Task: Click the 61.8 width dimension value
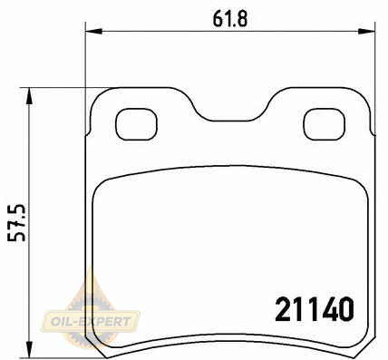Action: click(230, 19)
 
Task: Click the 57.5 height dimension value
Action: click(16, 223)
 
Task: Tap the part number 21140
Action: click(315, 309)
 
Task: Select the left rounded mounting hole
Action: click(137, 124)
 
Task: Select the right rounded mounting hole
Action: click(325, 124)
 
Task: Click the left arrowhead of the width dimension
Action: click(94, 31)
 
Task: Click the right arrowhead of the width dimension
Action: click(366, 31)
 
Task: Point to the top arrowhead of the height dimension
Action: click(29, 96)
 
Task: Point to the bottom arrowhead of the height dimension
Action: click(29, 349)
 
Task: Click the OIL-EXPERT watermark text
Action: click(91, 322)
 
